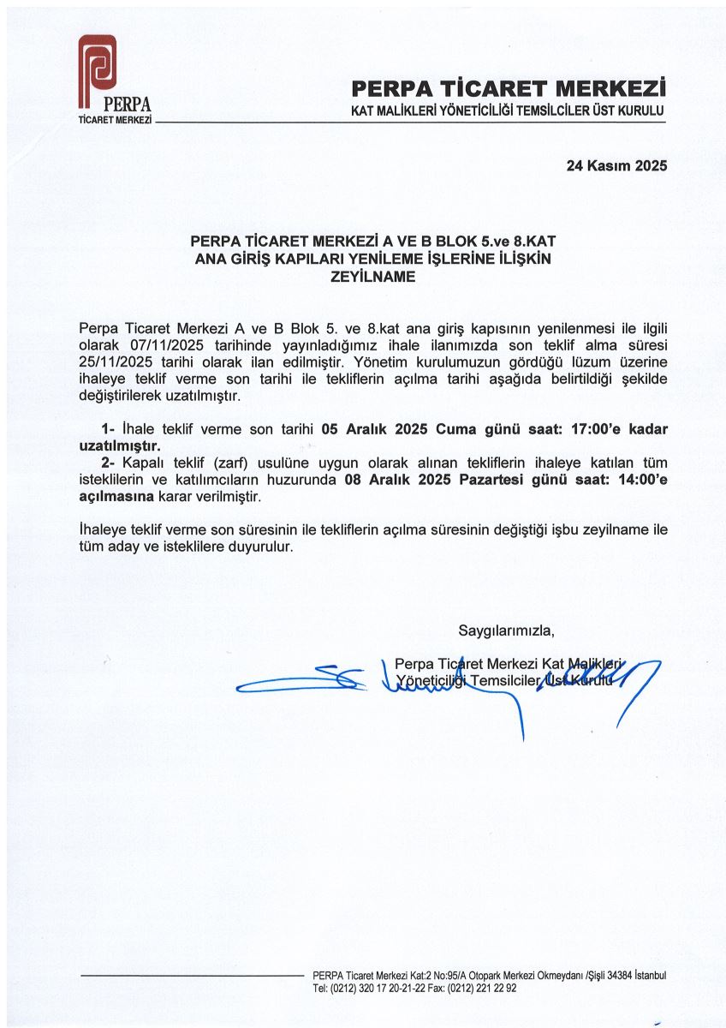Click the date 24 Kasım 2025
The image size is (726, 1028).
[616, 166]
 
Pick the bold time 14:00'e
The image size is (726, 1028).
[634, 481]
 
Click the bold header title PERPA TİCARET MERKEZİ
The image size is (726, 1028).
[509, 87]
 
